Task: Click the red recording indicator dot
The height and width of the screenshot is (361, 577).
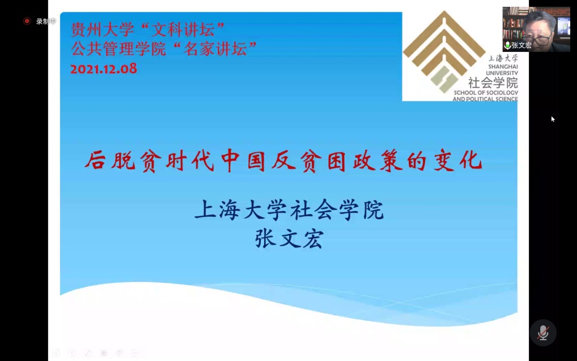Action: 27,21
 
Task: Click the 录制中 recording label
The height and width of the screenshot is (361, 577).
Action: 46,21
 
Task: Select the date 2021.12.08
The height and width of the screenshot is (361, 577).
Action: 103,68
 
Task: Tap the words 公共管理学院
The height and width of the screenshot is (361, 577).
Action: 119,49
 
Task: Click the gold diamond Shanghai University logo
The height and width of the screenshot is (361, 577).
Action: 444,51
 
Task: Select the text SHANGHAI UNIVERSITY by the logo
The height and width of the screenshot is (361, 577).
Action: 502,70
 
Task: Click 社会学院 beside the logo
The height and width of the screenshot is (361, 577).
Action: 493,82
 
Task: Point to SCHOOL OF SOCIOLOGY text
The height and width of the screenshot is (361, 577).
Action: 486,93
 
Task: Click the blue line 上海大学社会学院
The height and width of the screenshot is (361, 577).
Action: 289,210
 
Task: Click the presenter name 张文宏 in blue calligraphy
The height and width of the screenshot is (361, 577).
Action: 289,239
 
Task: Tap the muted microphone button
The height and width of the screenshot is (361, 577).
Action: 543,333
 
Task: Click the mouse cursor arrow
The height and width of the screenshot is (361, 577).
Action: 553,119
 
